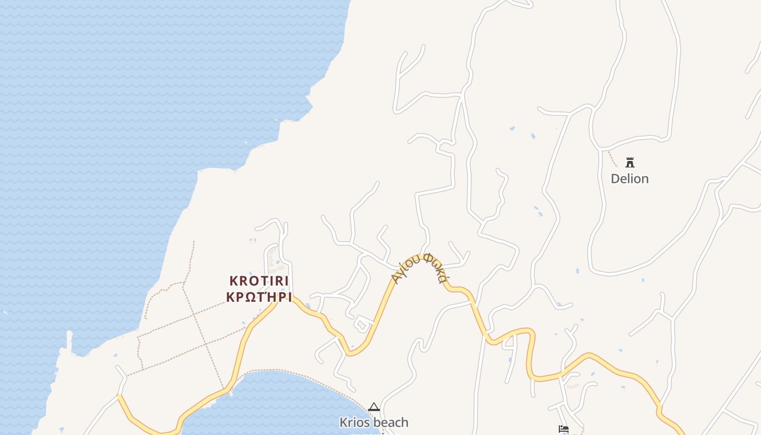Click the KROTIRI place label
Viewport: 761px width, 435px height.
click(259, 281)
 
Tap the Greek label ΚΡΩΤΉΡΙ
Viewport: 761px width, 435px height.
click(259, 297)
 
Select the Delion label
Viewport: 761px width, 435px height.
click(629, 179)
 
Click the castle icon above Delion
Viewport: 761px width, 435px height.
click(630, 162)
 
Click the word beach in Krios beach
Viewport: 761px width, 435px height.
click(391, 422)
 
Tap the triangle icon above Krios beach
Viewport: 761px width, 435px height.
click(373, 407)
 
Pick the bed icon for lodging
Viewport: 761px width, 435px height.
click(563, 430)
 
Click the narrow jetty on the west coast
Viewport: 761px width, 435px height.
click(70, 340)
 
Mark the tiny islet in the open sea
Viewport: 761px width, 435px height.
click(5, 313)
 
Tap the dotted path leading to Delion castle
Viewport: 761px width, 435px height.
click(612, 158)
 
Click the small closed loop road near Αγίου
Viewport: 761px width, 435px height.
click(361, 325)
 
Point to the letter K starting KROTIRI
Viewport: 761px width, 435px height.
click(233, 281)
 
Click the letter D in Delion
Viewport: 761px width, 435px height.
click(615, 179)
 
